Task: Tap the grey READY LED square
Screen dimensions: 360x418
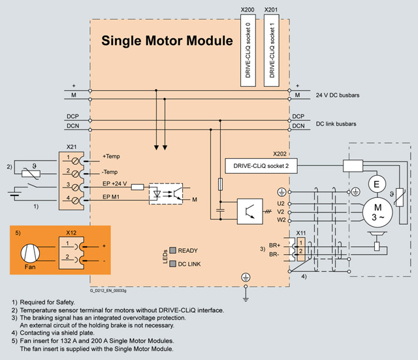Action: click(173, 250)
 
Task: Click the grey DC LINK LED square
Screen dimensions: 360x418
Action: click(173, 264)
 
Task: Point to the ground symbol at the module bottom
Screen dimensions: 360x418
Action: click(245, 278)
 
